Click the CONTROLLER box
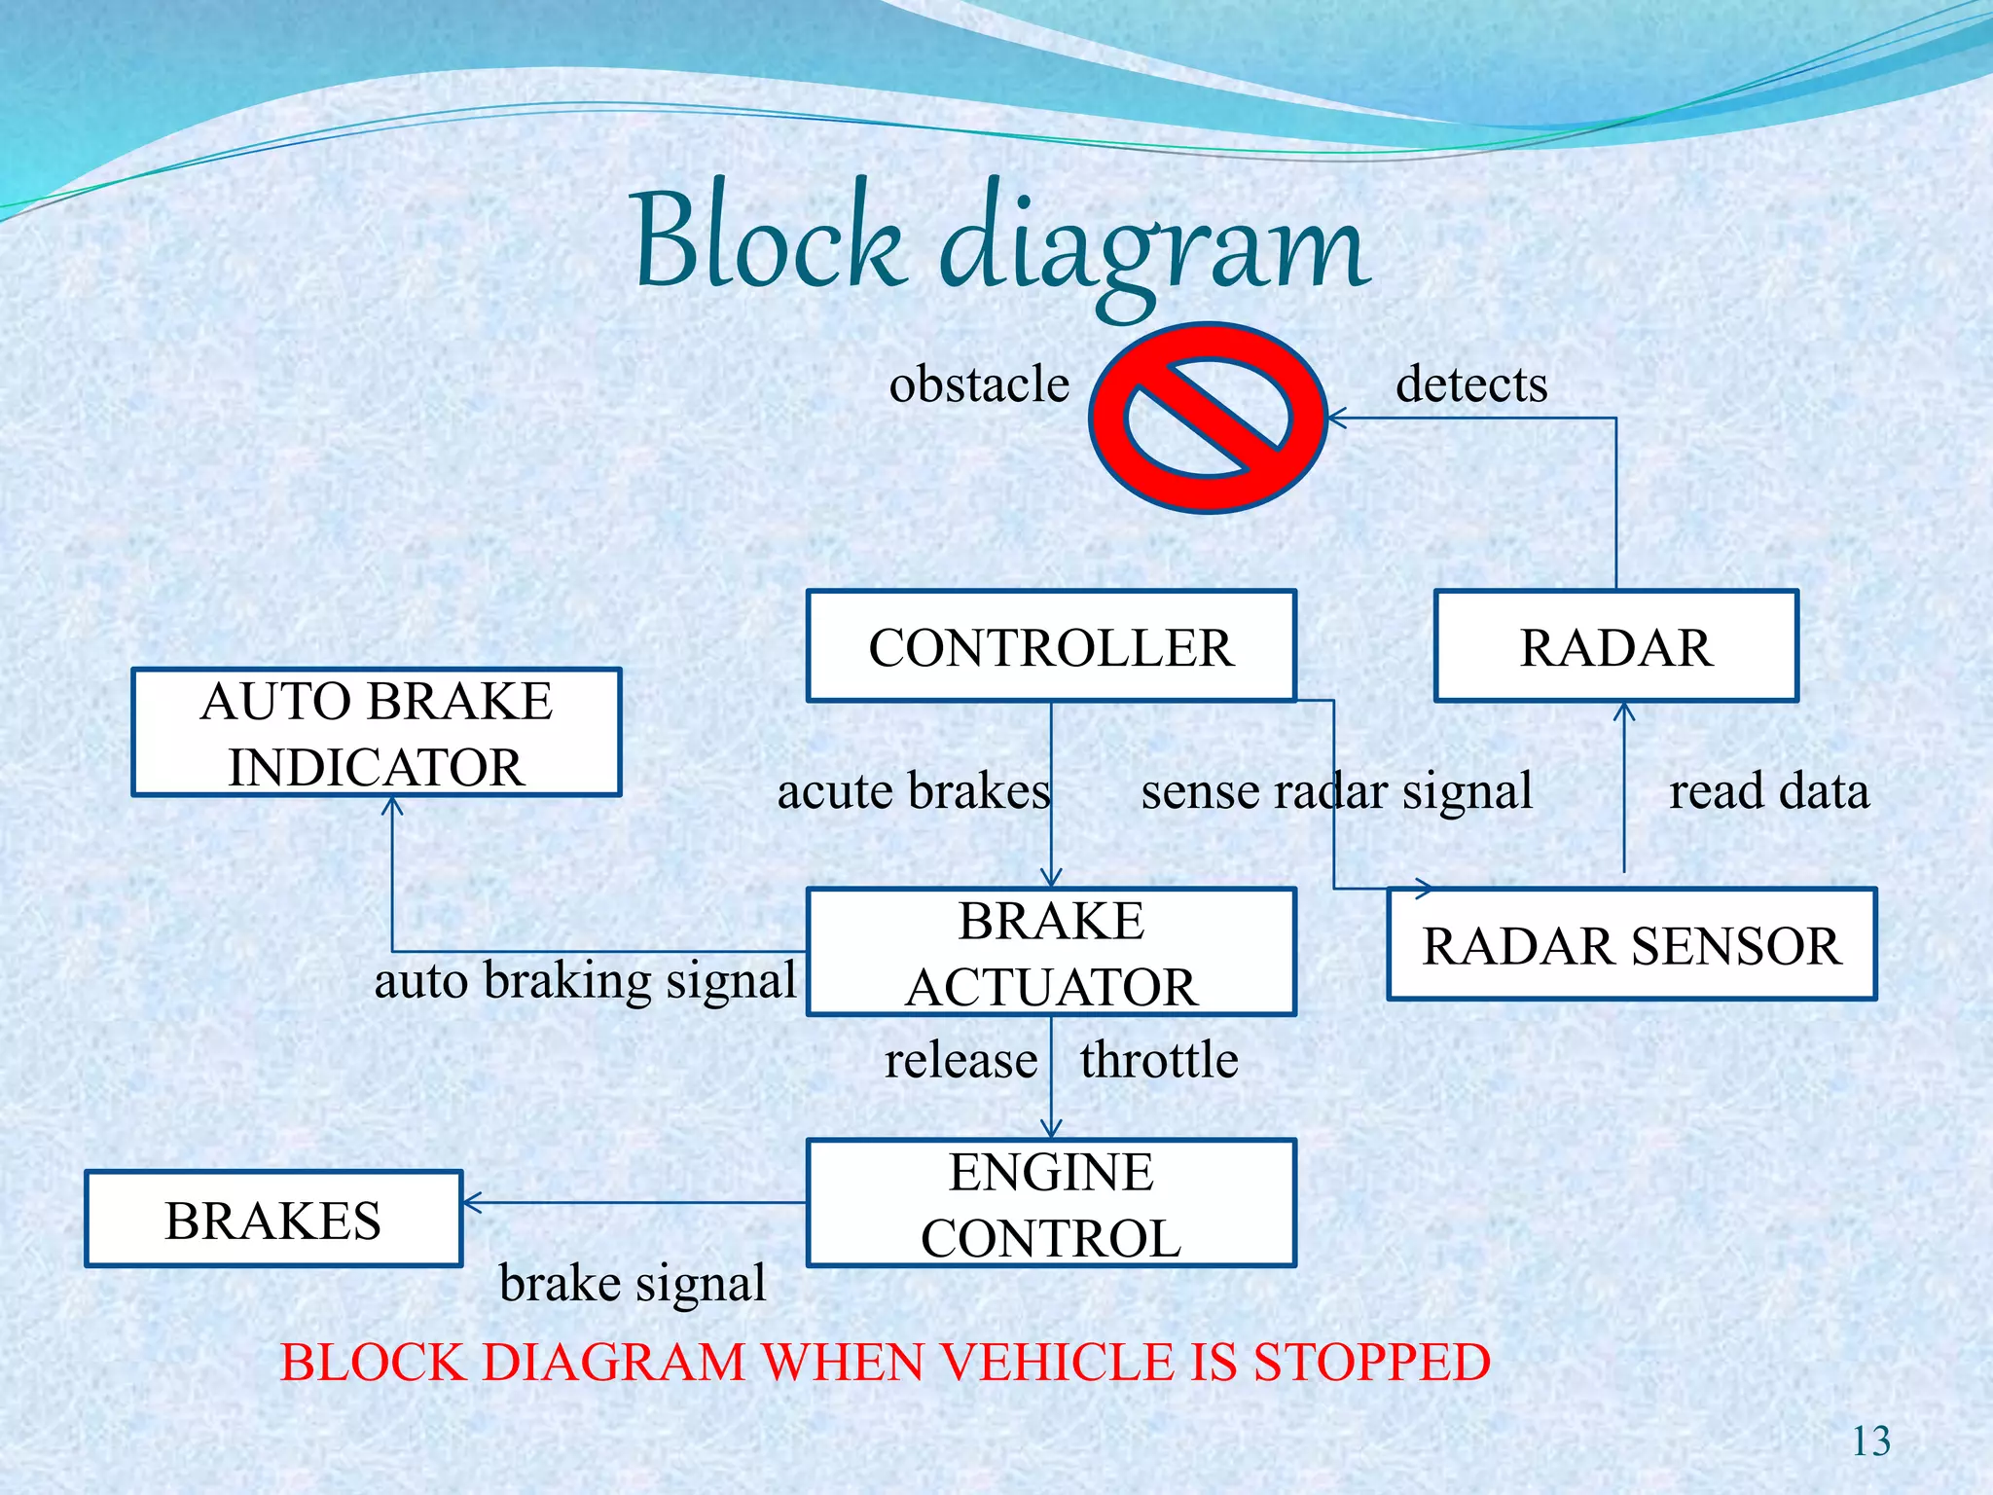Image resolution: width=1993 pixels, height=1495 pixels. point(1051,646)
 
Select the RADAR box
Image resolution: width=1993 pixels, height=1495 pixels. point(1615,646)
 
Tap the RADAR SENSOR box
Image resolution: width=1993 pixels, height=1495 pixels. point(1631,944)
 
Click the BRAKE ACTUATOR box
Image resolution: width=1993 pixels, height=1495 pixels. point(1051,952)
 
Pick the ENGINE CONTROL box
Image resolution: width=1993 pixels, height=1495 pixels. point(1051,1203)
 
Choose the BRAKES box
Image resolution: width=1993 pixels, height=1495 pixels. point(273,1219)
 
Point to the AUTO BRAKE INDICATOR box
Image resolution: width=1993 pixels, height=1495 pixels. point(377,732)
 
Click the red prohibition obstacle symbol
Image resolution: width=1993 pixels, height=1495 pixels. point(1208,419)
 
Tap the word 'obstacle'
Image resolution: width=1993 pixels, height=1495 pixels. point(979,383)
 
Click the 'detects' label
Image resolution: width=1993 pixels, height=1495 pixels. point(1470,383)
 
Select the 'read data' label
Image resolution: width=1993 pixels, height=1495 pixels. point(1768,790)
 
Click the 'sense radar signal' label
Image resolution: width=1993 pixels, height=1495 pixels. point(1336,790)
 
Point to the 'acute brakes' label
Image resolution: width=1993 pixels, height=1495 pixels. point(913,790)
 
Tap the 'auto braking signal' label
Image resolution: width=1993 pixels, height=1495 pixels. point(586,979)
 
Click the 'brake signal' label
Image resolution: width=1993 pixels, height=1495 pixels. point(633,1283)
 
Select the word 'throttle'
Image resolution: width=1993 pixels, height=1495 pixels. point(1158,1059)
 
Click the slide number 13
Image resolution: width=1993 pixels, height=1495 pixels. point(1869,1441)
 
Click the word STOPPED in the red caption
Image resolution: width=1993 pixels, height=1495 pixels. point(1371,1362)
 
